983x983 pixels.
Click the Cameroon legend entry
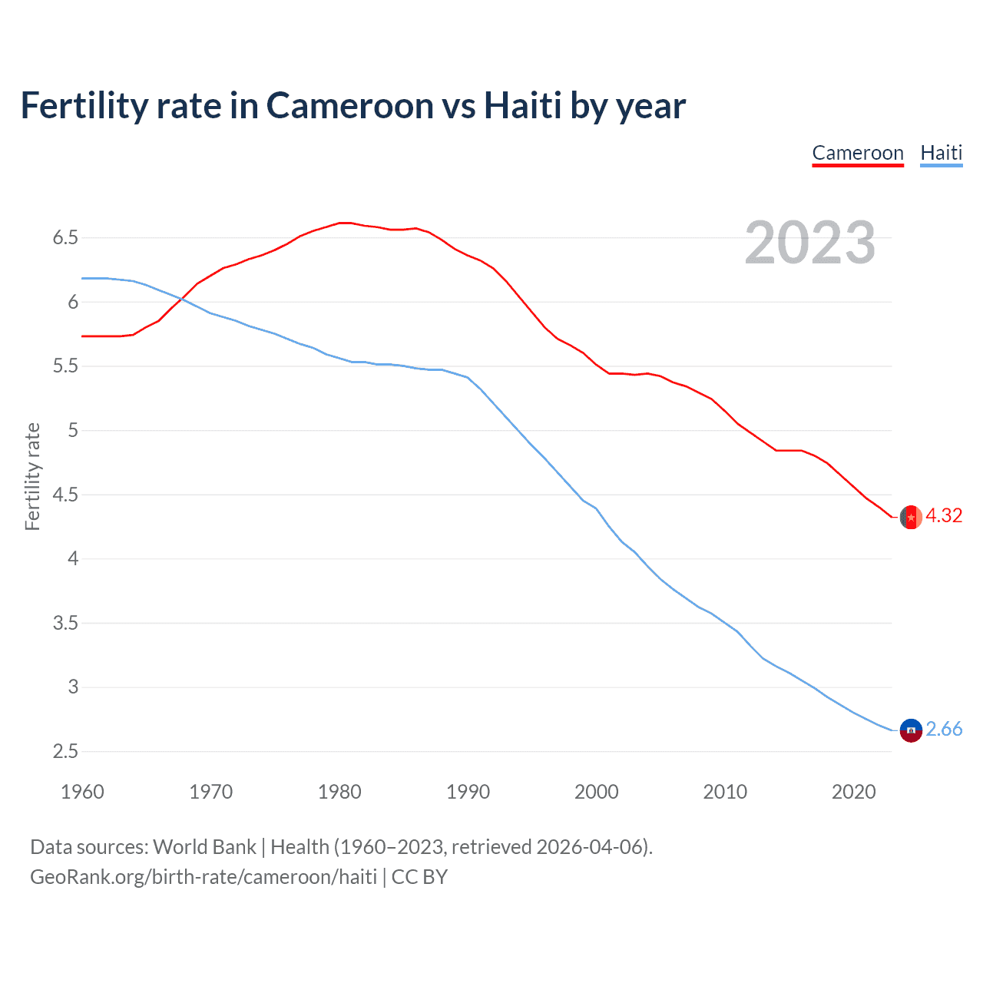(858, 153)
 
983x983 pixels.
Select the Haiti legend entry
(941, 153)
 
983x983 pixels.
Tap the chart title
(352, 105)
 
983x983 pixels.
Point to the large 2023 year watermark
(809, 243)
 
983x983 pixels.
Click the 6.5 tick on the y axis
(66, 238)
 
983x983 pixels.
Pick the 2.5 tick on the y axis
(66, 751)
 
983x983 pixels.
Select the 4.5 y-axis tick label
(66, 495)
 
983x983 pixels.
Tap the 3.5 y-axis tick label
(66, 623)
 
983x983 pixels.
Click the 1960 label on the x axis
(82, 792)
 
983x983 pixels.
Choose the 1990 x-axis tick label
(468, 792)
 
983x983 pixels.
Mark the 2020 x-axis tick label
(853, 792)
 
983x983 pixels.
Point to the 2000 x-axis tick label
(596, 792)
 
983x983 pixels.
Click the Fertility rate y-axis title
(32, 476)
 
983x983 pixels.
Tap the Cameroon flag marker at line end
(910, 518)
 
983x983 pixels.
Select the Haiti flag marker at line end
(910, 730)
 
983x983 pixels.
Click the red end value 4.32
(944, 515)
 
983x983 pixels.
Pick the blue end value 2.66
(944, 729)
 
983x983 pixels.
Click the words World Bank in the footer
(204, 847)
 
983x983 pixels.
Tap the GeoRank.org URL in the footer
(204, 877)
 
